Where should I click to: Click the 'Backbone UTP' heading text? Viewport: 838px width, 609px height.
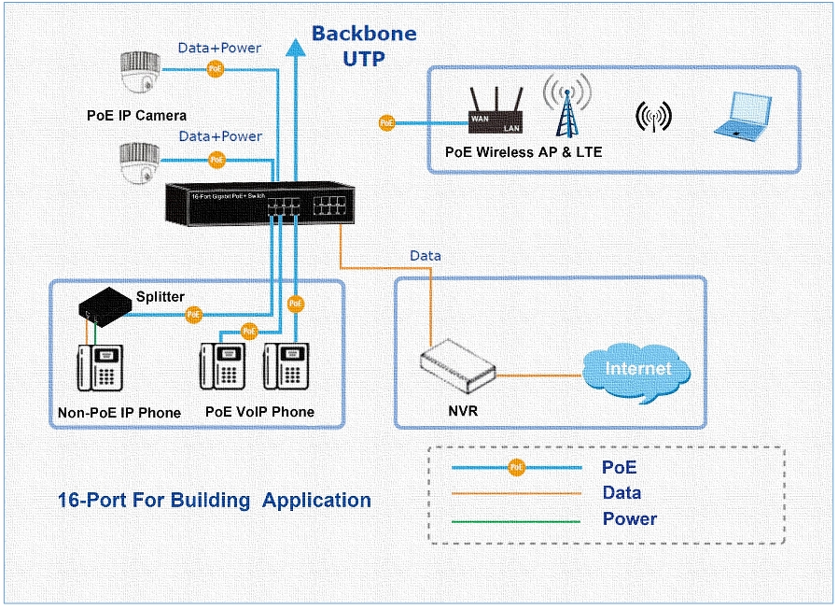pos(364,46)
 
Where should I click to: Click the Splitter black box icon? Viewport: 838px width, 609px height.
pos(105,304)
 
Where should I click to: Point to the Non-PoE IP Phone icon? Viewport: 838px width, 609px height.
pos(101,369)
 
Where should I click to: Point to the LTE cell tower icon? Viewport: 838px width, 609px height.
pos(567,107)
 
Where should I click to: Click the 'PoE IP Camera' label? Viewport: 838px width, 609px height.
pos(136,116)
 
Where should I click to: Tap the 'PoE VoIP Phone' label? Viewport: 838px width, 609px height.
pos(259,412)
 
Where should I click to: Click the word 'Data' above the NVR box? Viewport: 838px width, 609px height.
pos(426,255)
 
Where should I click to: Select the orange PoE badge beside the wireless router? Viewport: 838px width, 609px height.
pos(386,122)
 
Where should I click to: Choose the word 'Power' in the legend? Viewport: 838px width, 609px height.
pos(629,519)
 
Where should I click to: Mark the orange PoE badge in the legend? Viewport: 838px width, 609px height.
pos(516,467)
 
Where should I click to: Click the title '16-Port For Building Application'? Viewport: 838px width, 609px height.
pos(214,501)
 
